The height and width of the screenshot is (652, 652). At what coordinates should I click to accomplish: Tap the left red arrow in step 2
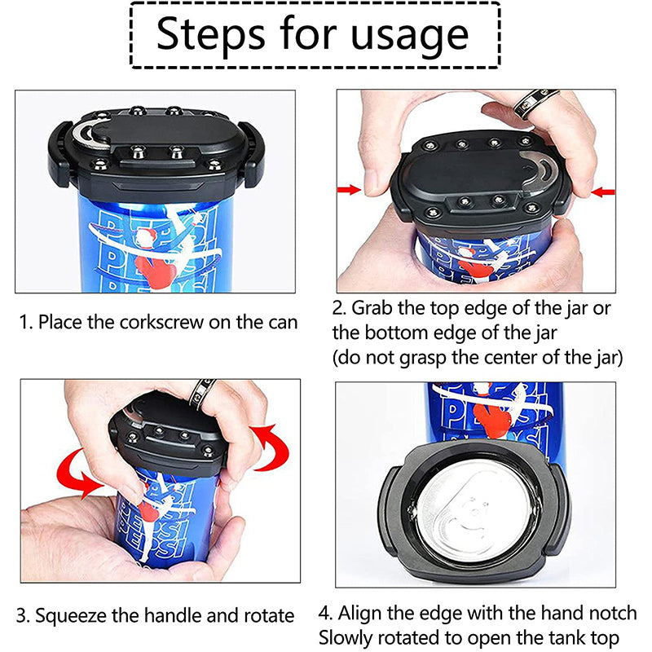[348, 190]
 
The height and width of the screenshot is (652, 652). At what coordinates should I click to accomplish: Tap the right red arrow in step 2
[604, 192]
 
